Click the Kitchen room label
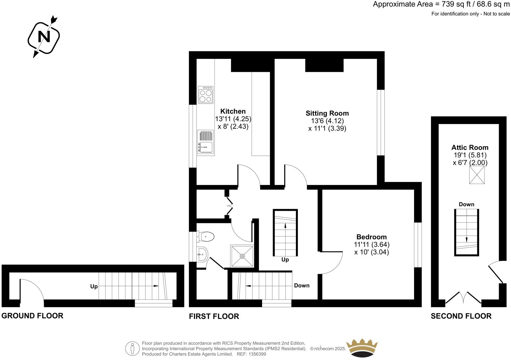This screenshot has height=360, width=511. [x=233, y=112]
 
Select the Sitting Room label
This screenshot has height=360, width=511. [x=327, y=113]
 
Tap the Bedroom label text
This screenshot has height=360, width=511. [x=371, y=237]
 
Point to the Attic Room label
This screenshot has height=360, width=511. [x=470, y=148]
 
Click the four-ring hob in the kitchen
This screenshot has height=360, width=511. [x=206, y=95]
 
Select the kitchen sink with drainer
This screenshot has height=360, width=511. [x=206, y=142]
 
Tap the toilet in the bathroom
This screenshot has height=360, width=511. [x=206, y=237]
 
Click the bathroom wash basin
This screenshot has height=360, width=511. [x=202, y=254]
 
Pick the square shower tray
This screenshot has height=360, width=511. [x=242, y=256]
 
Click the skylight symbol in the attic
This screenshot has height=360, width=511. [x=477, y=175]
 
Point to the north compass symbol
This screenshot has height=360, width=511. [x=44, y=36]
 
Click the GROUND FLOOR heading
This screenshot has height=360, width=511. [x=32, y=316]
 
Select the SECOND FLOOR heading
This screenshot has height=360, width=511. [x=461, y=316]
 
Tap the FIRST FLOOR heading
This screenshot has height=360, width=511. [x=214, y=316]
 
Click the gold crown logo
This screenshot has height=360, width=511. [x=362, y=348]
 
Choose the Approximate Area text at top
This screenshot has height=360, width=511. [x=441, y=4]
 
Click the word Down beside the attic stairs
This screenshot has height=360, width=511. [x=466, y=204]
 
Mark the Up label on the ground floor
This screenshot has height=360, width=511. [x=94, y=286]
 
